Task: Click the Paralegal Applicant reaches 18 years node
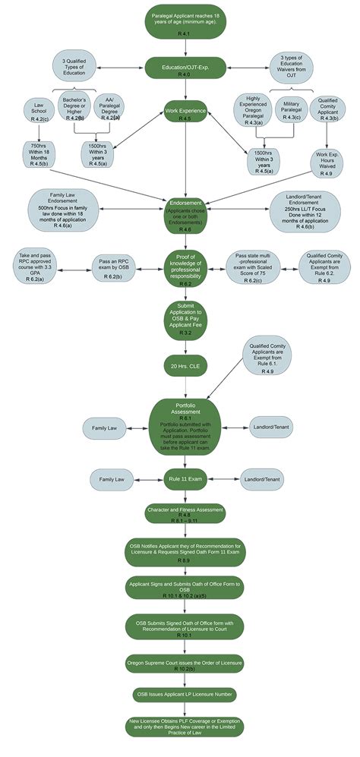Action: click(180, 23)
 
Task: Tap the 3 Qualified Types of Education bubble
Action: click(74, 68)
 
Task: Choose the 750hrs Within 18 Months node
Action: click(40, 153)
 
